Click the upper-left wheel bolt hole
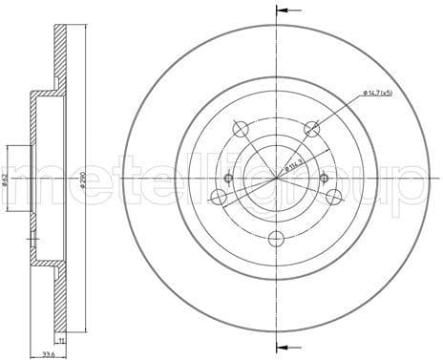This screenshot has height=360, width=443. tap(242, 128)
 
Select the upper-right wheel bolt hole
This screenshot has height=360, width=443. tap(310, 128)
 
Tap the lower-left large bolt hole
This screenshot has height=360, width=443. tap(220, 197)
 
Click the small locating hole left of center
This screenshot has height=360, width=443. tap(228, 178)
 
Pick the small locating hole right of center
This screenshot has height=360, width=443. tap(325, 178)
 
